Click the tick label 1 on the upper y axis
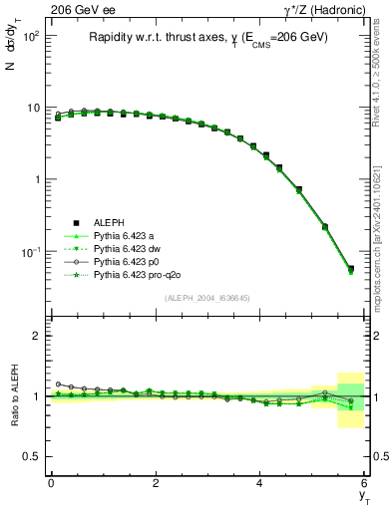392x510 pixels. [x=35, y=180]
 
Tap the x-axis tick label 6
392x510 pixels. [x=365, y=483]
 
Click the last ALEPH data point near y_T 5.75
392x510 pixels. [x=350, y=268]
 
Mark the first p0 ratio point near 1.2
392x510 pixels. [x=59, y=383]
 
